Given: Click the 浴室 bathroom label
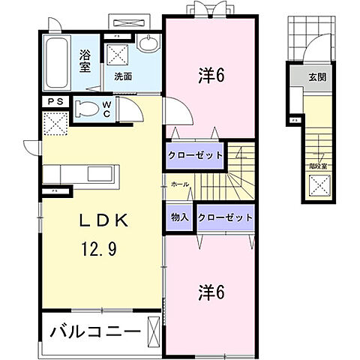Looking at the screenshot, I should point(85,59).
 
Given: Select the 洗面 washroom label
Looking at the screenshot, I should point(123,76).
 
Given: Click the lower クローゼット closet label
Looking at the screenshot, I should point(225,217).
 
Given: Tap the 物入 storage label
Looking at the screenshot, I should point(180,217).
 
